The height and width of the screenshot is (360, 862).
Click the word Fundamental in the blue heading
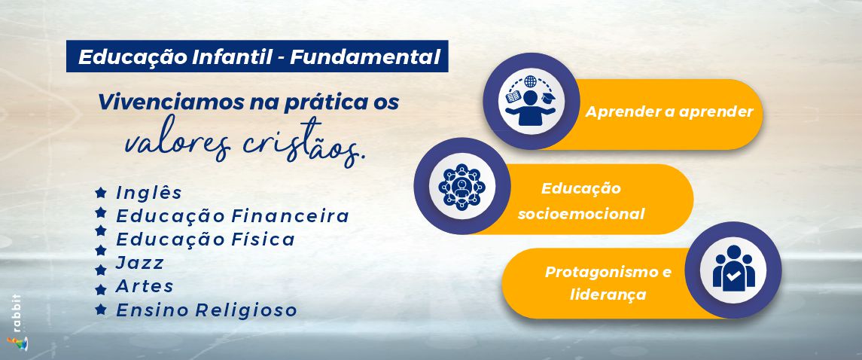(x=365, y=57)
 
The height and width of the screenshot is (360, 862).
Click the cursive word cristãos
(x=304, y=143)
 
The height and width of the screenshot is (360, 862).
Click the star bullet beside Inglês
(x=100, y=192)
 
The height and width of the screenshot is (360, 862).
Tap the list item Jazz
(x=139, y=264)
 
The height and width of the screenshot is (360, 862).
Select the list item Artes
(x=145, y=286)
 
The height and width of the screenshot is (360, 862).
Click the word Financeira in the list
(x=290, y=216)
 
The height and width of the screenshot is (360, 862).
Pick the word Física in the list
(x=262, y=239)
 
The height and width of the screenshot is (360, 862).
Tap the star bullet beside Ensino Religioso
(x=100, y=310)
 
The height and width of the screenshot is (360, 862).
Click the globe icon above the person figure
(x=530, y=82)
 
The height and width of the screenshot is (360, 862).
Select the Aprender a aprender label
(x=669, y=112)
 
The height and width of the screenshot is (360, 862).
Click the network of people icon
(x=461, y=186)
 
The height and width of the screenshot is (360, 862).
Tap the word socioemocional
(x=581, y=214)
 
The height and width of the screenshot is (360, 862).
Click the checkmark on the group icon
(x=733, y=276)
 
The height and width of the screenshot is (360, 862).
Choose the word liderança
(x=608, y=294)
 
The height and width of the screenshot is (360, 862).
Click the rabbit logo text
(x=17, y=313)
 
